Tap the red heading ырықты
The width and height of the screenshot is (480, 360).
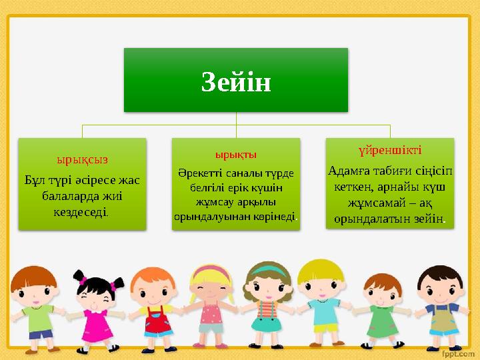tap(236, 155)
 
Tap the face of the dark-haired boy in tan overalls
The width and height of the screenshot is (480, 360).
tap(439, 286)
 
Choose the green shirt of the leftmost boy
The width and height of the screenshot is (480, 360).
tap(40, 317)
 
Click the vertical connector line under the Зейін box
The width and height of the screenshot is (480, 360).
tap(236, 118)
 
